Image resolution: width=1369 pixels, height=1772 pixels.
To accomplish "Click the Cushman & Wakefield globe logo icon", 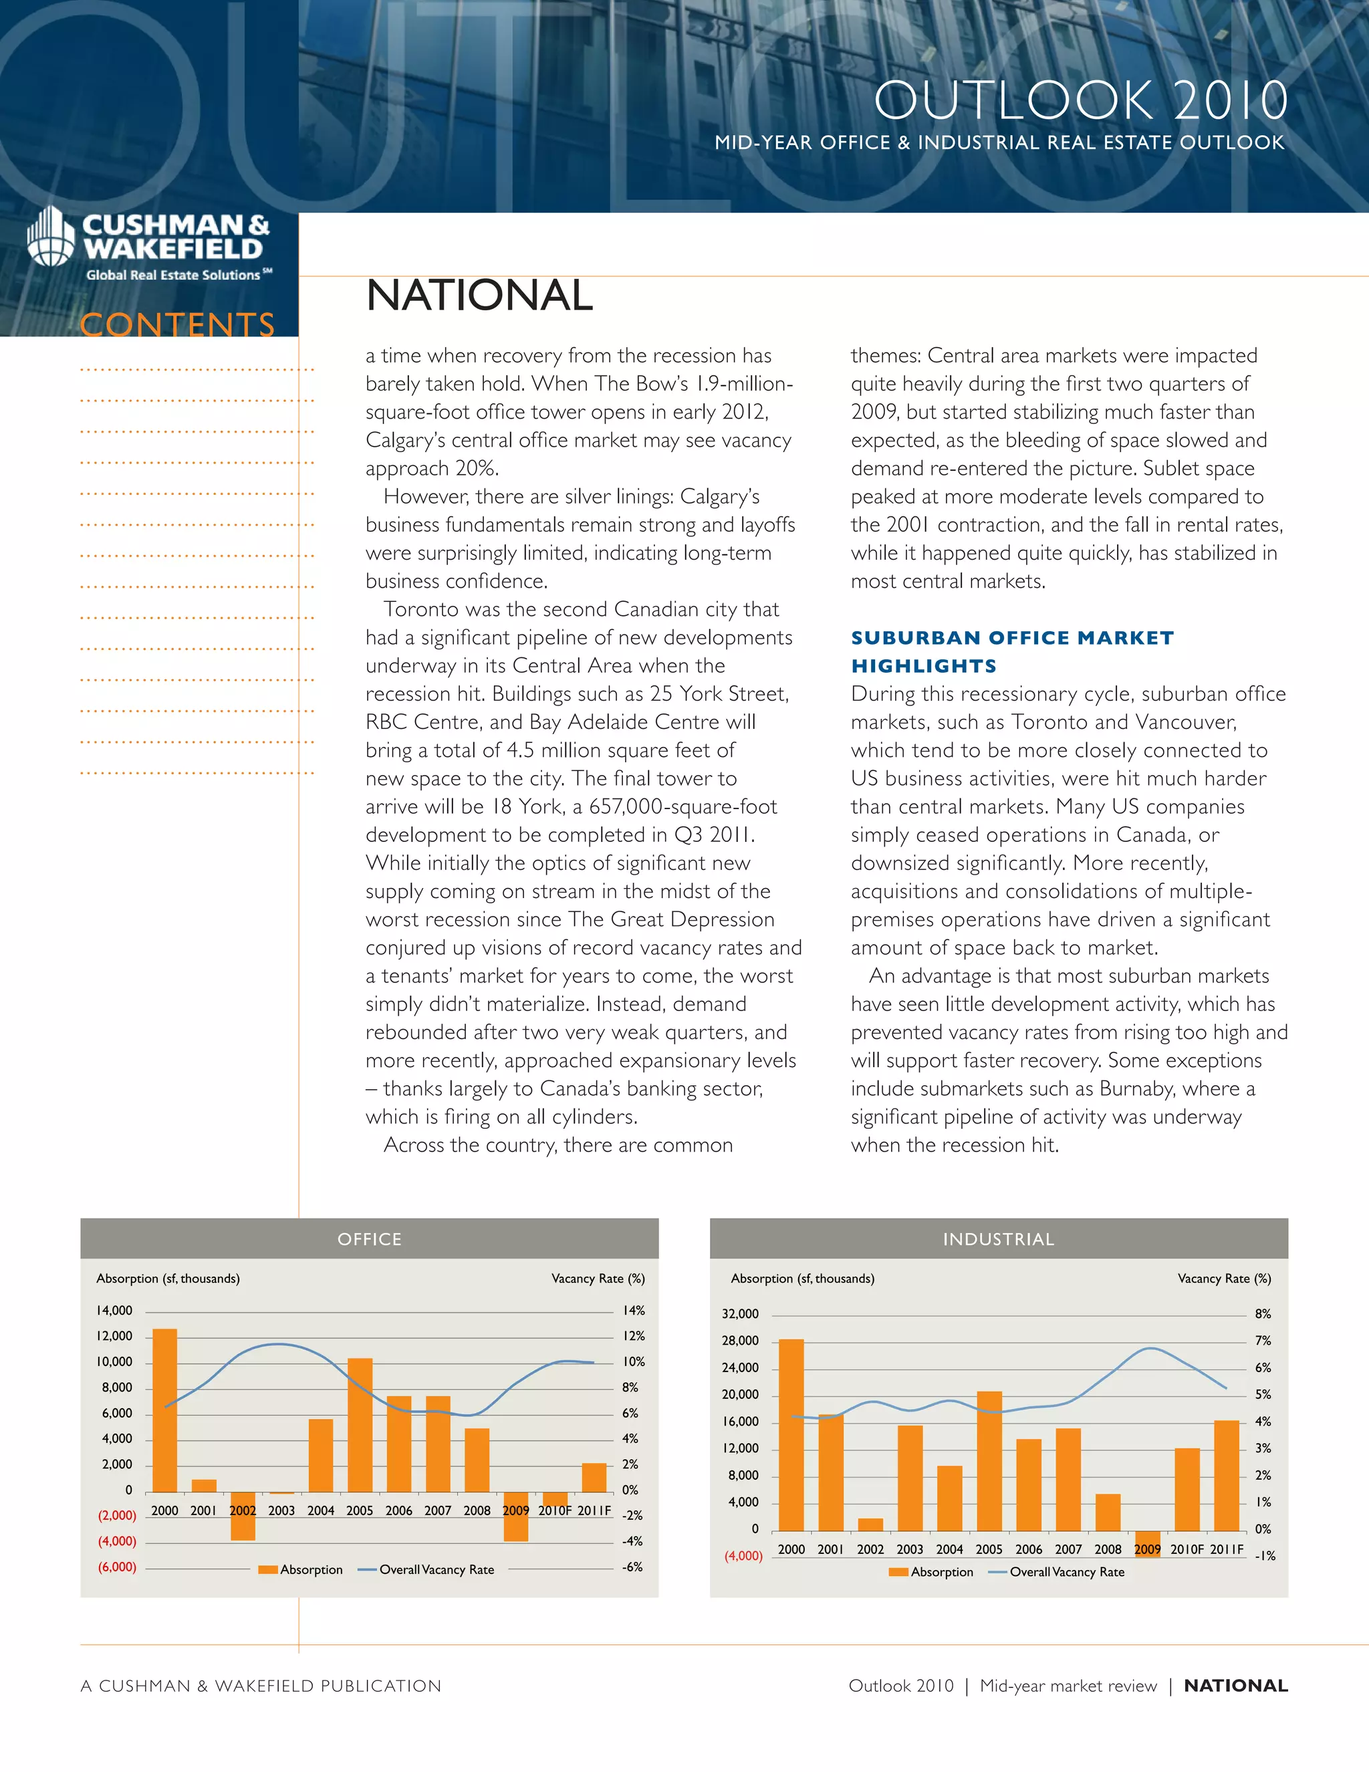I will click(50, 236).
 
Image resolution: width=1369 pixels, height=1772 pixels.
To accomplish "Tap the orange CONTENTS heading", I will click(178, 324).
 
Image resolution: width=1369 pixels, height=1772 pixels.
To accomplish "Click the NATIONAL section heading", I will click(479, 296).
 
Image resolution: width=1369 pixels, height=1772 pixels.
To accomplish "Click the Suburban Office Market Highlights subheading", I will click(1012, 651).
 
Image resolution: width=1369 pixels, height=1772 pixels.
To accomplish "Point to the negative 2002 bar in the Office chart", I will click(243, 1516).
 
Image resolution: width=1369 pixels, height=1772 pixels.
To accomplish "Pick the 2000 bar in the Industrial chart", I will click(791, 1434).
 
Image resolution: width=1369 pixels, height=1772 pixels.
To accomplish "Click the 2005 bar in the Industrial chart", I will click(989, 1460).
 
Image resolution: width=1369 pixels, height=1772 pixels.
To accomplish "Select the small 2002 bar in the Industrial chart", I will click(870, 1524).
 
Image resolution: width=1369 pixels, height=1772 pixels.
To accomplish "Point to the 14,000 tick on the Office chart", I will click(114, 1311).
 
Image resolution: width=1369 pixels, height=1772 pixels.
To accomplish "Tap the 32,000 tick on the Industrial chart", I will click(741, 1313).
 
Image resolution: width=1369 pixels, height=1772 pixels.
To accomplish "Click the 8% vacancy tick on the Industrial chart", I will click(1263, 1313).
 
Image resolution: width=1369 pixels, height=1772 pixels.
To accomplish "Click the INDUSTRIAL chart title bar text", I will click(999, 1239).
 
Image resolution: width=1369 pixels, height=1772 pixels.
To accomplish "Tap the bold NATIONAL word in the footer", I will click(1235, 1685).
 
